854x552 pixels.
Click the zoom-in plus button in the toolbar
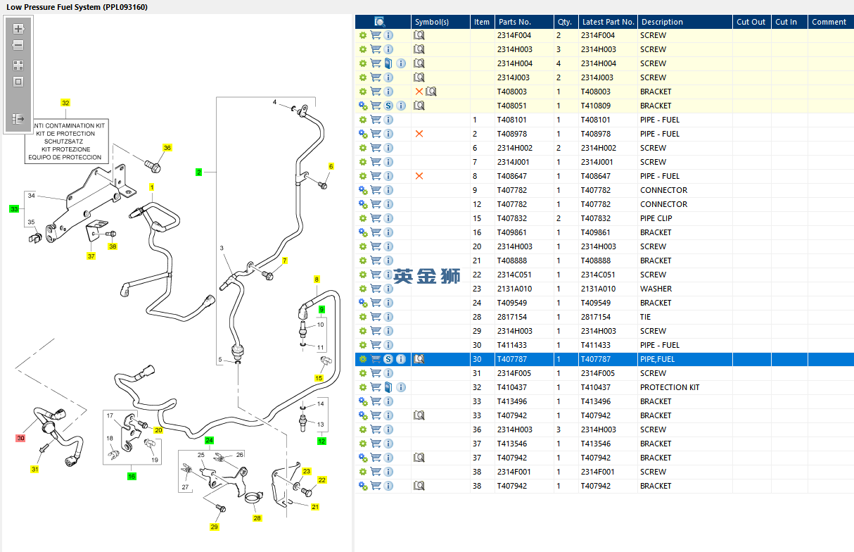point(18,29)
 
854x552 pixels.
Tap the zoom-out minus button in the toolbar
point(18,45)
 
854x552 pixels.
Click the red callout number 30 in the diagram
point(20,438)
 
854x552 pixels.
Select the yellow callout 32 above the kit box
point(65,103)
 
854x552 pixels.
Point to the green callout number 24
point(209,440)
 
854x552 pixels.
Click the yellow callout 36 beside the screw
point(167,148)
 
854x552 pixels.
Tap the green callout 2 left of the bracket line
point(198,172)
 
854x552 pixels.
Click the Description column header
point(662,22)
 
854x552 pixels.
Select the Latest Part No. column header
point(608,22)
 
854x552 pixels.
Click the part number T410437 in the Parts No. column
point(511,387)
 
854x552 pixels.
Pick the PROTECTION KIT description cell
point(670,387)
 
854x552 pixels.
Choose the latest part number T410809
point(596,106)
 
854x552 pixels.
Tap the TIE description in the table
point(645,317)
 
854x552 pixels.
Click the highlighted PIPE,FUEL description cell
point(657,359)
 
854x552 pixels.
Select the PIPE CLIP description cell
point(656,218)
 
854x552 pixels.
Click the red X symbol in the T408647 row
point(419,176)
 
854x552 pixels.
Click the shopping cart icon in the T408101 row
point(376,120)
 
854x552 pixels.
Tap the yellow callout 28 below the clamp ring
point(257,518)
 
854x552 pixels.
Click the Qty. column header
point(565,22)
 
